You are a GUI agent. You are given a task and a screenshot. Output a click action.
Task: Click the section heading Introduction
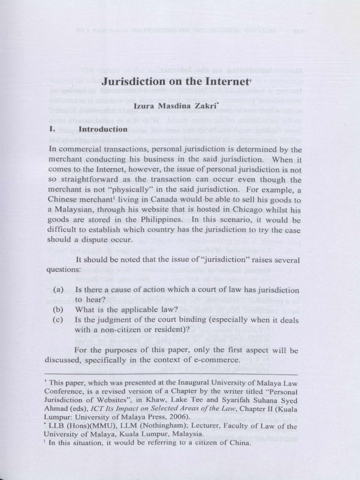coord(103,129)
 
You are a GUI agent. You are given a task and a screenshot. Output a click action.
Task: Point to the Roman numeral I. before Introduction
coord(52,129)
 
